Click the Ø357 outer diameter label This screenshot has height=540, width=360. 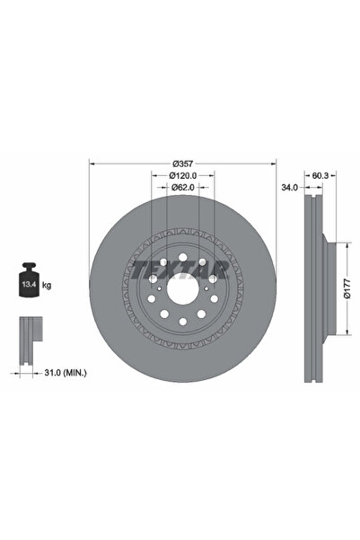click(183, 164)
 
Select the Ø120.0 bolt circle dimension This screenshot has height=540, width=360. click(183, 177)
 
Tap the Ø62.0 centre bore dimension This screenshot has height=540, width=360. click(183, 189)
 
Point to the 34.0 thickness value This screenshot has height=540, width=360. click(289, 189)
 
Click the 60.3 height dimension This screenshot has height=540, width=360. click(319, 176)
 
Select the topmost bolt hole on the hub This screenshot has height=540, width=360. click(183, 261)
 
